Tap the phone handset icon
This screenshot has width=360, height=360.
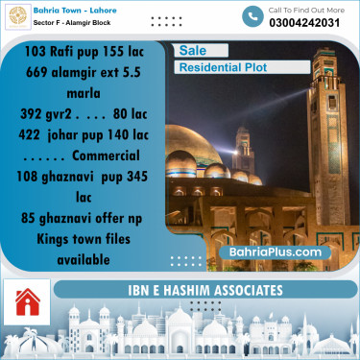252,16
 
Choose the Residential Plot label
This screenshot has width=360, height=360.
223,68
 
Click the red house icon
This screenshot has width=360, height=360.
27,303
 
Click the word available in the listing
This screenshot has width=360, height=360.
82,259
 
